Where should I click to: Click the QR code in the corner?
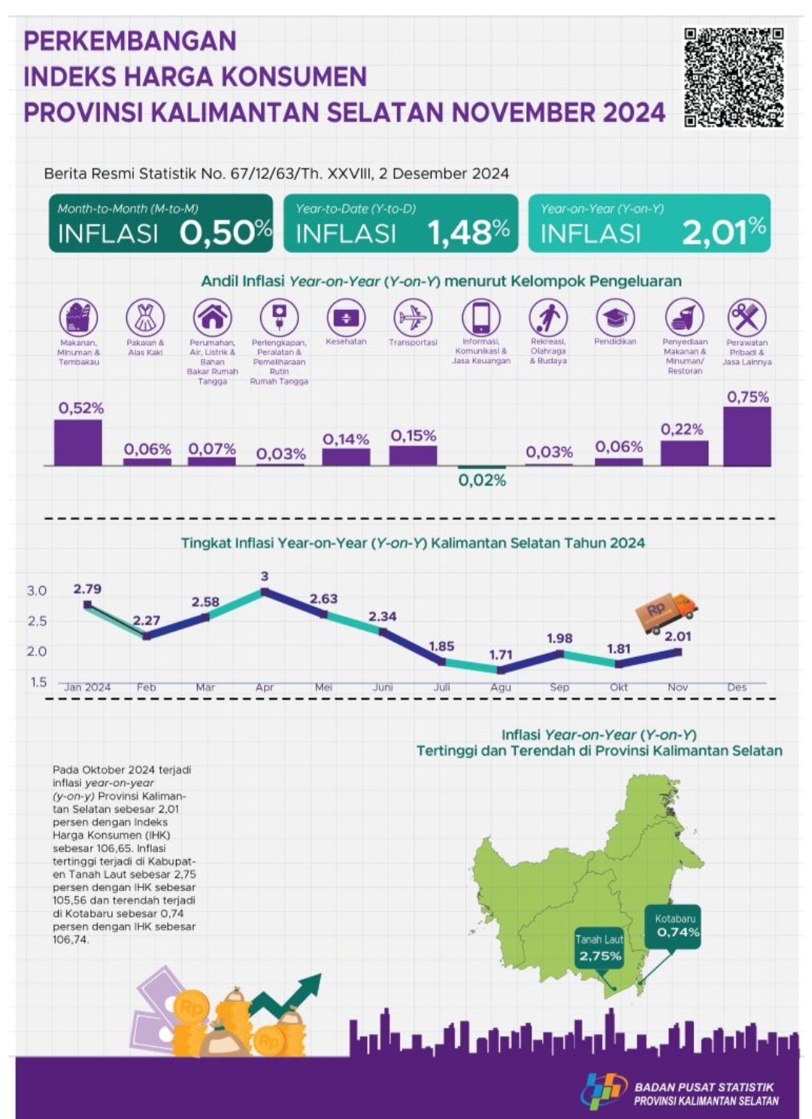click(734, 78)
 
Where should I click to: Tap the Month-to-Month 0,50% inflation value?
click(226, 233)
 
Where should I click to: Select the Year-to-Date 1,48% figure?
click(468, 233)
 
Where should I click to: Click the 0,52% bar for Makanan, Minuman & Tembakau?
click(77, 442)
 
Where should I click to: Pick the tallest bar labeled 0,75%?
click(747, 436)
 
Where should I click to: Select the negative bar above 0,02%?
click(482, 468)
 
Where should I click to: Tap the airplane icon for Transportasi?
click(413, 318)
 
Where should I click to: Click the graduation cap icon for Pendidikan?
click(615, 318)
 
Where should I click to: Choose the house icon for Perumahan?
click(213, 318)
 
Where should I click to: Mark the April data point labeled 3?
click(265, 592)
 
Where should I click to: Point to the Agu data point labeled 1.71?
click(501, 670)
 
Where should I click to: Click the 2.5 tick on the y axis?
click(38, 622)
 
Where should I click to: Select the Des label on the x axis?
click(737, 687)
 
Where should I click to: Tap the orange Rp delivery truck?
click(666, 612)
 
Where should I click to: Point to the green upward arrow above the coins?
click(289, 993)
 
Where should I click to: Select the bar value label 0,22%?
click(682, 430)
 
